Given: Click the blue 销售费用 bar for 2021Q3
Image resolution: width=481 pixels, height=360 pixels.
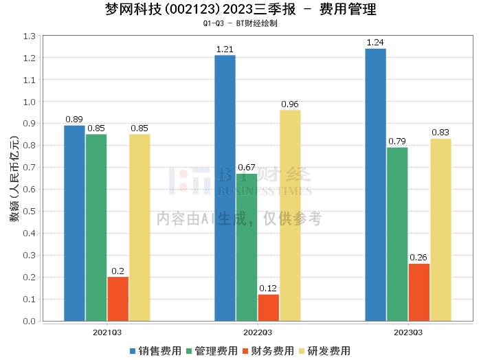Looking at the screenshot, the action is [74, 223].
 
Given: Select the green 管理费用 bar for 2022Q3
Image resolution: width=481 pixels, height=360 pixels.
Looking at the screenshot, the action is [247, 247].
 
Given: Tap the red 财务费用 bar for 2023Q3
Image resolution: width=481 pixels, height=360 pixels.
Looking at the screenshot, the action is [419, 293].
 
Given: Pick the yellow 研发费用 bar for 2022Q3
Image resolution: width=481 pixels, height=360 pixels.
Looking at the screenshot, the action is [290, 216].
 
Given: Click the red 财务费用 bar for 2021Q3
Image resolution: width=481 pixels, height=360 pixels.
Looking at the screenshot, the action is [118, 299].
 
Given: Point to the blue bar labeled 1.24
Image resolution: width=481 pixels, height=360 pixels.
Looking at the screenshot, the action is [375, 185].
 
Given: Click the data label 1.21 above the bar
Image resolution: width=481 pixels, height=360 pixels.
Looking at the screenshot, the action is [225, 49].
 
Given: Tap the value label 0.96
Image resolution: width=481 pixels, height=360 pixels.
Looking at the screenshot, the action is [290, 104].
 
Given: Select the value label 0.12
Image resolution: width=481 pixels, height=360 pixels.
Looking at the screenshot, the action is [268, 289].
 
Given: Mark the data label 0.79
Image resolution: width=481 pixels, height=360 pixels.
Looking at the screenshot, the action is [397, 142].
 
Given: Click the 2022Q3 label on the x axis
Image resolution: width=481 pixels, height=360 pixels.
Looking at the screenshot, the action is [258, 333].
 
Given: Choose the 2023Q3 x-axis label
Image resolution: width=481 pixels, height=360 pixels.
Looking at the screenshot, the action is [408, 333].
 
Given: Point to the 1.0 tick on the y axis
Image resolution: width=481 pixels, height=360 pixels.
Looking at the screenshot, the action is [30, 102].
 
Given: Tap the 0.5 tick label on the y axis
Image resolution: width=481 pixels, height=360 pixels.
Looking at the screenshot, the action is [30, 212].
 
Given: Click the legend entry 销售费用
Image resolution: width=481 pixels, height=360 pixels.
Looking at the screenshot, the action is [156, 351].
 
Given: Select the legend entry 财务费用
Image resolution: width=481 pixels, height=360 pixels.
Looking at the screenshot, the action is [269, 351].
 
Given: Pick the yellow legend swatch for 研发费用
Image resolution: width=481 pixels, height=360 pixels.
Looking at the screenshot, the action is [302, 351].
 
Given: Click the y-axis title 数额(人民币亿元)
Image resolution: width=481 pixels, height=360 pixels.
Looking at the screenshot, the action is [14, 179].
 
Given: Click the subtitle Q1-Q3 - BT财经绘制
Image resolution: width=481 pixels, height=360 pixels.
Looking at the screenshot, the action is [240, 23].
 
